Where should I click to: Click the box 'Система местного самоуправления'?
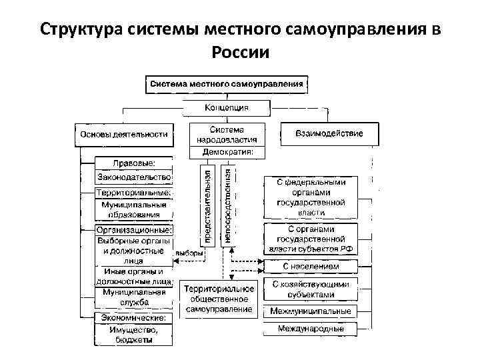(227, 85)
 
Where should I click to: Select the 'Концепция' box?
(227, 107)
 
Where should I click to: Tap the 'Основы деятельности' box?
(124, 134)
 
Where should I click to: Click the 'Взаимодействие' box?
(329, 133)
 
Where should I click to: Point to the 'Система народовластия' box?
(227, 135)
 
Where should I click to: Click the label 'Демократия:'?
(227, 152)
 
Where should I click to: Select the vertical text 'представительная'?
(208, 205)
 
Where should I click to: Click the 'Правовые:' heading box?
(134, 162)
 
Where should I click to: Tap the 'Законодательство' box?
(134, 177)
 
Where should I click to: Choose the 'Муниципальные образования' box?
(134, 209)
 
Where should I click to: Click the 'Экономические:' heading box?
(134, 318)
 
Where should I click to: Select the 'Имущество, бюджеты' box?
(134, 335)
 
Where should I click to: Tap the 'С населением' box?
(310, 266)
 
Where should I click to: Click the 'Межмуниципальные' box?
(310, 311)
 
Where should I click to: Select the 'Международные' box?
(310, 328)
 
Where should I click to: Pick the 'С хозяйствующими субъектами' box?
(310, 289)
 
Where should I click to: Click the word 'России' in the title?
(239, 52)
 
